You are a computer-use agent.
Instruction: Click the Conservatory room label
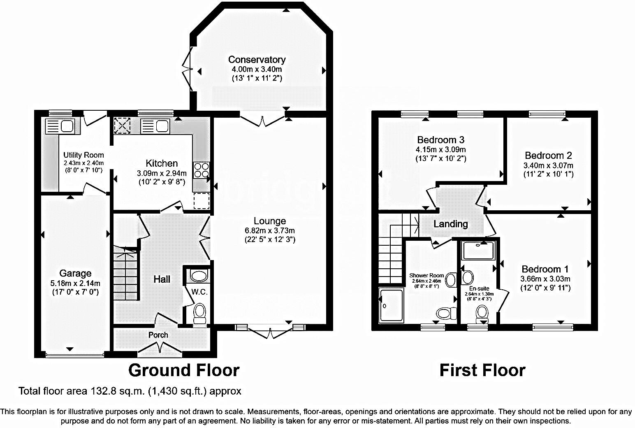pyautogui.click(x=257, y=60)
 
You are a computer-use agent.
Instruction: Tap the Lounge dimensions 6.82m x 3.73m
pyautogui.click(x=269, y=230)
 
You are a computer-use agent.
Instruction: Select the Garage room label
pyautogui.click(x=75, y=273)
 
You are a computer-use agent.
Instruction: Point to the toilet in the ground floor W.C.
pyautogui.click(x=200, y=312)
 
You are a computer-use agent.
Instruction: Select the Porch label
pyautogui.click(x=158, y=335)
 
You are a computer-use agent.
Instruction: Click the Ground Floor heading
pyautogui.click(x=183, y=370)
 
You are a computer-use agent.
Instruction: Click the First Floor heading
pyautogui.click(x=482, y=370)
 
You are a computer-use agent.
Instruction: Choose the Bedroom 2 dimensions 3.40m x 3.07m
pyautogui.click(x=548, y=165)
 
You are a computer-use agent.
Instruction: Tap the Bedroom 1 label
pyautogui.click(x=545, y=269)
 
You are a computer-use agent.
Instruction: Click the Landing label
pyautogui.click(x=451, y=224)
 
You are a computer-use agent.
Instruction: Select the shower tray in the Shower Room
pyautogui.click(x=392, y=305)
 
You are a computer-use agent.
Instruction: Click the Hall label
pyautogui.click(x=162, y=279)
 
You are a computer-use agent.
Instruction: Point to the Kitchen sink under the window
pyautogui.click(x=155, y=126)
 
